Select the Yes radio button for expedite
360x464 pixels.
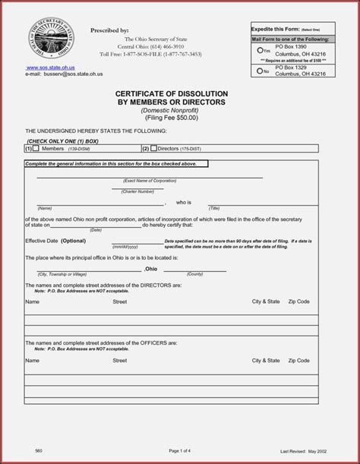[x=259, y=50]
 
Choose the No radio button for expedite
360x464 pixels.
[x=259, y=71]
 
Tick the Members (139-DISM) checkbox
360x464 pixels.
[x=36, y=148]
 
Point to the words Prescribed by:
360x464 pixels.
[x=109, y=30]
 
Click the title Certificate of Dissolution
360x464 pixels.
[x=161, y=93]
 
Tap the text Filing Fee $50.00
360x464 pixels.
[x=171, y=118]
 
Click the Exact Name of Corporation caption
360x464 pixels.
[x=150, y=180]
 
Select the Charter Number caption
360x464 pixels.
[x=137, y=191]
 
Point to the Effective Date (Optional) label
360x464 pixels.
[x=55, y=241]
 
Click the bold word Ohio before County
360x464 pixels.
[x=151, y=269]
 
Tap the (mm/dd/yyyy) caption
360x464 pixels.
[x=125, y=247]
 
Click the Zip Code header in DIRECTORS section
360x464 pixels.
[x=298, y=301]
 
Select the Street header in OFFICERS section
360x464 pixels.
[x=119, y=361]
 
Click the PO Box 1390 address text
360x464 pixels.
[x=292, y=47]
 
